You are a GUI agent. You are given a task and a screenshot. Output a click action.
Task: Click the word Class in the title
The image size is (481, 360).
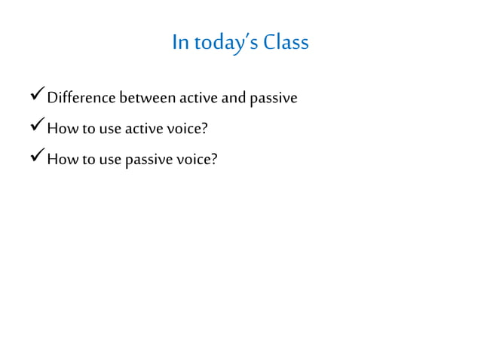(x=286, y=42)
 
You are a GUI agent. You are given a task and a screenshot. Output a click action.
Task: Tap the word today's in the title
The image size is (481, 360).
(x=224, y=42)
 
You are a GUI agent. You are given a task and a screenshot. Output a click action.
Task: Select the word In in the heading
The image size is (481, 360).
(x=180, y=42)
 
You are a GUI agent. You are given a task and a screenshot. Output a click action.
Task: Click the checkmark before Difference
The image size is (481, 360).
(x=37, y=96)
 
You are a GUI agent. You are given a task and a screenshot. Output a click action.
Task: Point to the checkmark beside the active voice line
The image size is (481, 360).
(x=37, y=127)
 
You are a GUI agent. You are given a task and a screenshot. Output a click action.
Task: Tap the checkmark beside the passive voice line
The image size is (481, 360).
(x=37, y=157)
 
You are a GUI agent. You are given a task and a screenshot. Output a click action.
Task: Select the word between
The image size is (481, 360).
(x=148, y=98)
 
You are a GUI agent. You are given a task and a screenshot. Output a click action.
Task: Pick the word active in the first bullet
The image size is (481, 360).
(x=198, y=98)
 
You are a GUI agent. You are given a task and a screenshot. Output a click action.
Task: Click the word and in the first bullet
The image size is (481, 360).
(x=233, y=98)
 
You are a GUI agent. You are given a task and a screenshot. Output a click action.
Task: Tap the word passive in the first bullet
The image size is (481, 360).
(x=272, y=99)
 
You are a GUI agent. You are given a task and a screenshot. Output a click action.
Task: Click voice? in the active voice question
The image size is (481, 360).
(x=187, y=128)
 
